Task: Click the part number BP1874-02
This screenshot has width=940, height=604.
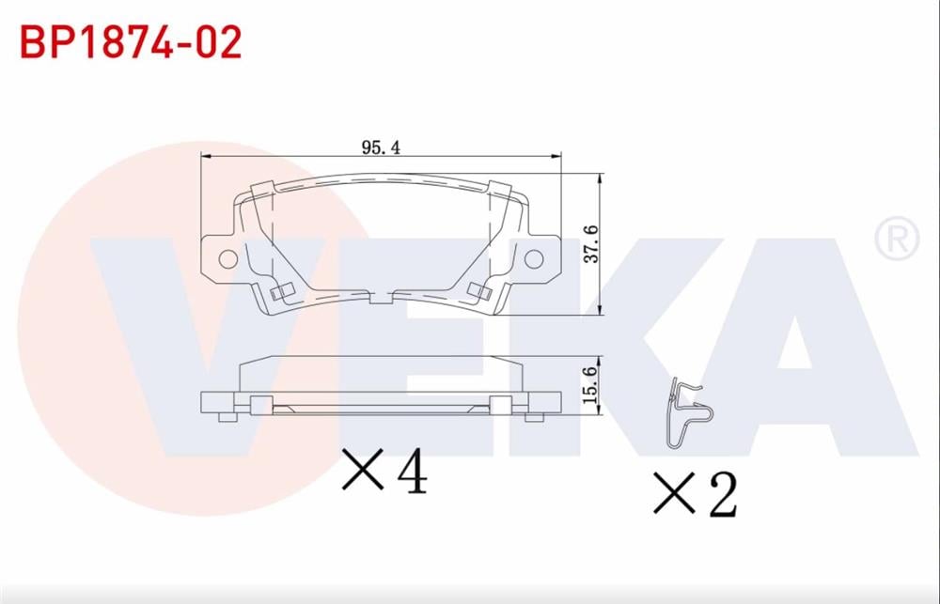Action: pos(131,42)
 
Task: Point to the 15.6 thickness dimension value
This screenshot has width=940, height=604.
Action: pos(589,386)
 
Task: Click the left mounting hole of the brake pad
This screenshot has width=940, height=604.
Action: pos(227,257)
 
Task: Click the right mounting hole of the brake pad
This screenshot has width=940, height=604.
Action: pos(533,257)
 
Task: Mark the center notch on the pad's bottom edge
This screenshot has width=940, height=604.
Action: pos(380,300)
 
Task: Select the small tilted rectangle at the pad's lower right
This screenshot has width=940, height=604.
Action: pos(480,293)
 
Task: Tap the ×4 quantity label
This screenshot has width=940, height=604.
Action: pos(384,471)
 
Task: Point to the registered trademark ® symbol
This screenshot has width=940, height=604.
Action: pos(896,240)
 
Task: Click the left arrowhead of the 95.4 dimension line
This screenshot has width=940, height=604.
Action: pos(206,158)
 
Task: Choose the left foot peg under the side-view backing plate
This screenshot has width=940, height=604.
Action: pos(226,416)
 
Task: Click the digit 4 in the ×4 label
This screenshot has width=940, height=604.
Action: pos(411,471)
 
